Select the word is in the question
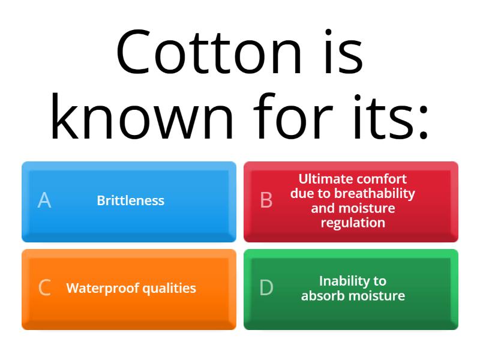tap(341, 52)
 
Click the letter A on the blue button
tap(44, 200)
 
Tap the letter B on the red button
tap(266, 200)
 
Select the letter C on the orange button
tap(44, 288)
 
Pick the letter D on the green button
tap(266, 288)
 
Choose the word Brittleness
tap(130, 200)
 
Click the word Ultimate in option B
tap(325, 179)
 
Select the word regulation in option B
tap(353, 223)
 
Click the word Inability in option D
tap(345, 281)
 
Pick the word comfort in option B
tap(382, 179)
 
